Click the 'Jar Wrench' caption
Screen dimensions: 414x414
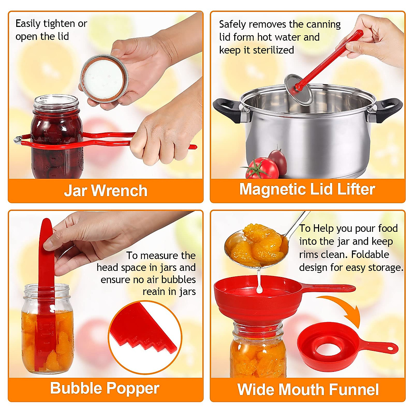coord(106,191)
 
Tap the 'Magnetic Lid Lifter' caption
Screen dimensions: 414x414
coord(307,189)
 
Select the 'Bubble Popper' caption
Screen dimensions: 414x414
coord(105,388)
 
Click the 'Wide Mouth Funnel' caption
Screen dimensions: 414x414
coord(308,390)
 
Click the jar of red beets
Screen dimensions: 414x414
coord(57,138)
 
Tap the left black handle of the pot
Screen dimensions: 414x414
coord(228,109)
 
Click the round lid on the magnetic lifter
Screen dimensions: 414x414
coord(298,88)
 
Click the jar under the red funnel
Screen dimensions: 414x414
coord(258,352)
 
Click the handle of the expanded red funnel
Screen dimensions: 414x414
coord(331,287)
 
